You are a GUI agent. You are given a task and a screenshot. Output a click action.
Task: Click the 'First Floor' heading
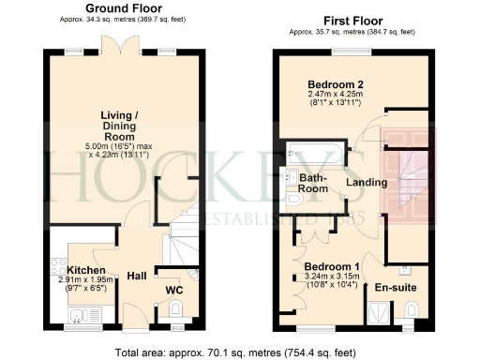tap(352, 20)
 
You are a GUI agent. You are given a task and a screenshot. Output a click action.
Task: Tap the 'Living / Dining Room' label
tap(123, 128)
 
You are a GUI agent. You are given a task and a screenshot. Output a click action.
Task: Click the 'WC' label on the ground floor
tap(174, 290)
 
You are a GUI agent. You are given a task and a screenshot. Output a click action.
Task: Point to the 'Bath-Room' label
tap(313, 183)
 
